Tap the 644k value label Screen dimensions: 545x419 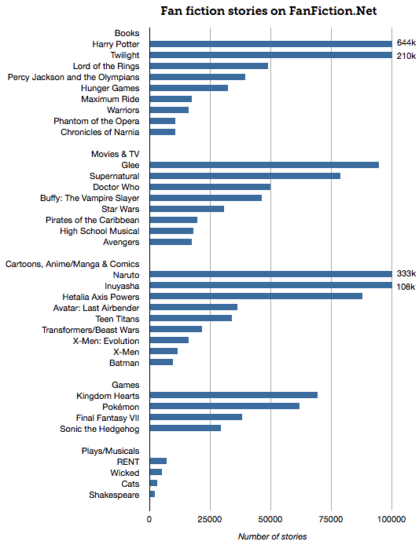click(x=406, y=43)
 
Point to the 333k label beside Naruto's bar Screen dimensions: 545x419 click(x=406, y=274)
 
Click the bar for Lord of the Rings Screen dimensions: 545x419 click(x=208, y=66)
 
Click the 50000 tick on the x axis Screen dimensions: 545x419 click(x=270, y=520)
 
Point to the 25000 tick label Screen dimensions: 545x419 click(x=210, y=520)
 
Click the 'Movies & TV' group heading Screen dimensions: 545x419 click(x=116, y=154)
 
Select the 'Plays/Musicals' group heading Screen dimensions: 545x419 click(x=111, y=451)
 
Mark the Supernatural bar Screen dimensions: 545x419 click(x=244, y=176)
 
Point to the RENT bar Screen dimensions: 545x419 click(x=158, y=461)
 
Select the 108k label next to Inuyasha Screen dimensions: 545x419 click(x=406, y=286)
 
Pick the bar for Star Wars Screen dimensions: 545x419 click(x=186, y=209)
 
